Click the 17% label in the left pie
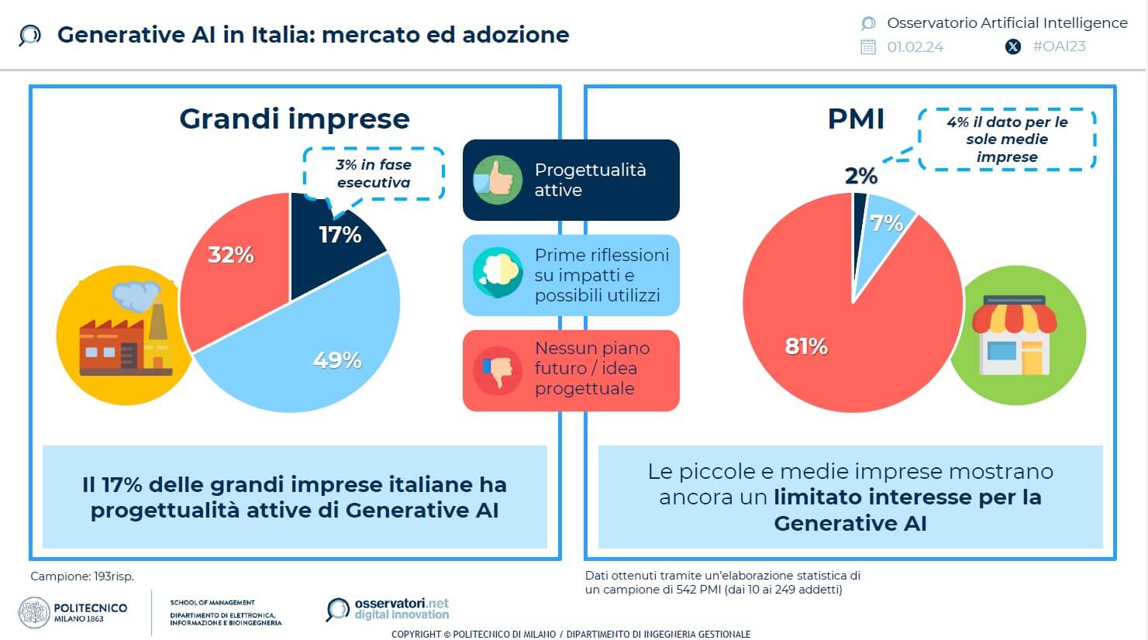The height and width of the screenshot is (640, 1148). click(x=340, y=235)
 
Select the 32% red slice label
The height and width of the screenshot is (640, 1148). click(x=231, y=255)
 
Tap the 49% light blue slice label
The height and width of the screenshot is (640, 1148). click(x=337, y=360)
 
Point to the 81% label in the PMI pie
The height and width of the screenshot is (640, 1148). click(x=806, y=346)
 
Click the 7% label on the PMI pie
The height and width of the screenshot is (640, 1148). click(x=886, y=223)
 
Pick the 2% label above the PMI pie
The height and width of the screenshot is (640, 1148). click(x=861, y=176)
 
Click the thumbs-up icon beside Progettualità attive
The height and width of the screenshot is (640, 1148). click(x=498, y=180)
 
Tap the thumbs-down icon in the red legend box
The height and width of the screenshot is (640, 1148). click(x=498, y=370)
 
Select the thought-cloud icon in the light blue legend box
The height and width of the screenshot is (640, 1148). click(x=498, y=273)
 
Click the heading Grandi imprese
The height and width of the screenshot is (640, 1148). click(x=295, y=119)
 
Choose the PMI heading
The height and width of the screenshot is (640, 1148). click(x=856, y=119)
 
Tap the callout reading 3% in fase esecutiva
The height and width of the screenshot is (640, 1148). click(x=374, y=174)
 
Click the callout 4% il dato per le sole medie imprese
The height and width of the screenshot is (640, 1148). click(x=1007, y=139)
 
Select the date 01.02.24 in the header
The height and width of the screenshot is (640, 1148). click(x=915, y=46)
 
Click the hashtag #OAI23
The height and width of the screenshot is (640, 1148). click(x=1059, y=46)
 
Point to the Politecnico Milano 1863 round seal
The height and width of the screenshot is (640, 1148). click(x=34, y=612)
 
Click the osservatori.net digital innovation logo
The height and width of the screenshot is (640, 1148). click(x=388, y=609)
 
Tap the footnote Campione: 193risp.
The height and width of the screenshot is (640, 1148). click(x=82, y=576)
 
